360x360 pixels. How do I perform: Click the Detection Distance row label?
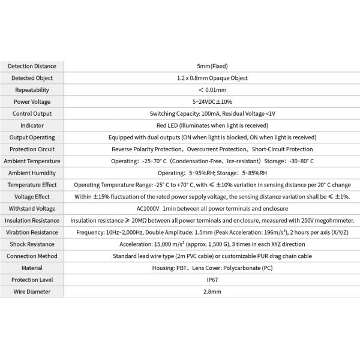coord(32,66)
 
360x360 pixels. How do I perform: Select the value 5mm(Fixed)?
coord(212,66)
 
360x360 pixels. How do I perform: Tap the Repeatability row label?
coord(32,89)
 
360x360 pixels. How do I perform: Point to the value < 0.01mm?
coord(212,89)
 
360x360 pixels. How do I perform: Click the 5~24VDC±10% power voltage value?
coord(212,101)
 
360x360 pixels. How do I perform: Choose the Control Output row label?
coord(32,113)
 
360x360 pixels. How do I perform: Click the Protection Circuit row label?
coord(32,149)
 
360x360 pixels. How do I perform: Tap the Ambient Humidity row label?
coord(32,173)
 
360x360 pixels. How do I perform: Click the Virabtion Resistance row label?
coord(32,232)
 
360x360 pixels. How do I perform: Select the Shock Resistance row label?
coord(32,244)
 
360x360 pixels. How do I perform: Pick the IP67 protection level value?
coord(212,280)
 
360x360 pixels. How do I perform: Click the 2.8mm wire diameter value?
coord(212,292)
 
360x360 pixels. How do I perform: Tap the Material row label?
coord(32,268)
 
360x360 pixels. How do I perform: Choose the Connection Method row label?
coord(32,256)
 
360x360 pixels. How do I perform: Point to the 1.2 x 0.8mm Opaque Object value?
coord(212,78)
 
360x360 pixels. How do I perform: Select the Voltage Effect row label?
coord(32,196)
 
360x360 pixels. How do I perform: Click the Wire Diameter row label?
coord(32,292)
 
